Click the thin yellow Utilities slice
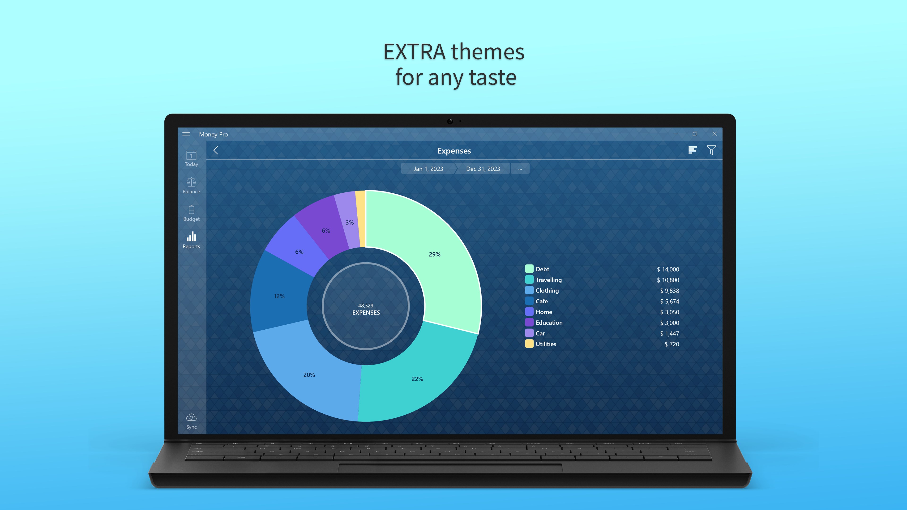(360, 218)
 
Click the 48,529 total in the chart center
(365, 306)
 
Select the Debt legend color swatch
(529, 269)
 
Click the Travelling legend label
(548, 280)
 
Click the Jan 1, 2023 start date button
(428, 169)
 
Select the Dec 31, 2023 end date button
(483, 169)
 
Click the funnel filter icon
(711, 150)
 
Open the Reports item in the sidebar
(191, 240)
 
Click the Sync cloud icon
(191, 418)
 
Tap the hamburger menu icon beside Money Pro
(186, 134)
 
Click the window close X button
(714, 134)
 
